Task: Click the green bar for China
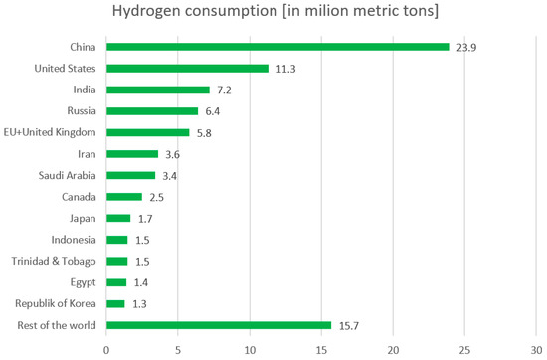(x=277, y=47)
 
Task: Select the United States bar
(x=187, y=69)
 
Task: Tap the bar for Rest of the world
(x=219, y=325)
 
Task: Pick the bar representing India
(x=157, y=90)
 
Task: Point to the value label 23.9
(x=465, y=47)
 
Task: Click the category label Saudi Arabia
(x=67, y=175)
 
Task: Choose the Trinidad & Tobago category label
(x=55, y=262)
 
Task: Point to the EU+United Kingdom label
(x=53, y=132)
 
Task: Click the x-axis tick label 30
(x=537, y=349)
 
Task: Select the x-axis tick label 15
(x=321, y=349)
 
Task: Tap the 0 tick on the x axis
(x=106, y=349)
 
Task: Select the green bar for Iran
(x=132, y=154)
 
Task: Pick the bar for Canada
(x=124, y=197)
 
